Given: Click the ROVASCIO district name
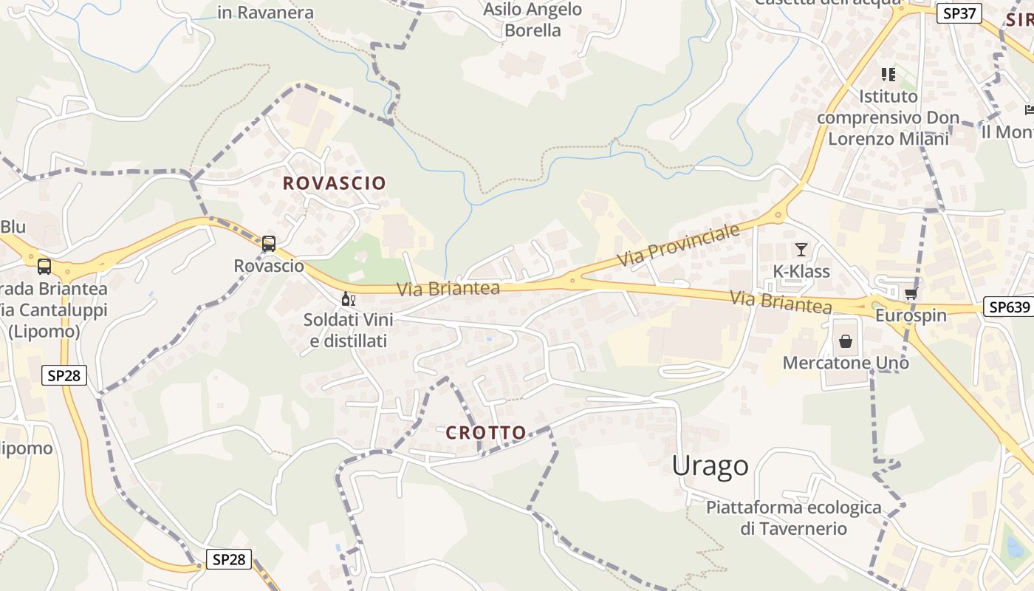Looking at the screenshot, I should [x=335, y=183].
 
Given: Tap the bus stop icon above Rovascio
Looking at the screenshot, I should [x=269, y=243].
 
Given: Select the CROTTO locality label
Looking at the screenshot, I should [x=486, y=433].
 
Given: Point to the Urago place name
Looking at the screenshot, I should [x=710, y=466].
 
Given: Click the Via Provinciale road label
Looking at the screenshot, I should [x=678, y=246].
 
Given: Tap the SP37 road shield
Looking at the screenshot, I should [x=959, y=13].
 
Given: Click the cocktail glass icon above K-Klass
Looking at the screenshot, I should [x=801, y=250].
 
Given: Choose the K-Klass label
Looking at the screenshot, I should [x=801, y=271].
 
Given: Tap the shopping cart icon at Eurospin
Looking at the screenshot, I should [x=911, y=294].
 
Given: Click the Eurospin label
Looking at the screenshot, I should [x=911, y=315].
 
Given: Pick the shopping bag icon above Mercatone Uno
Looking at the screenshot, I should [x=846, y=341].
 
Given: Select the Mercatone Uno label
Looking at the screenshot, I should [x=846, y=363].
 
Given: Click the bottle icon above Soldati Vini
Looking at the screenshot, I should [x=348, y=299].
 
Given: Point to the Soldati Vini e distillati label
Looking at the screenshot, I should [x=348, y=330].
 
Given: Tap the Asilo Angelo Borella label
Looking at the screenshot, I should [x=533, y=20].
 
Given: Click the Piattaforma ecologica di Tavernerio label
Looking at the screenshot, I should [x=794, y=518].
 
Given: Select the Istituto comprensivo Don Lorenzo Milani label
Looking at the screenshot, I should [x=889, y=117].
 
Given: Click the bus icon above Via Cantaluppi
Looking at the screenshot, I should [x=44, y=266].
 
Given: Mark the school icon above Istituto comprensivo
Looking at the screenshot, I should [x=888, y=75].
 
